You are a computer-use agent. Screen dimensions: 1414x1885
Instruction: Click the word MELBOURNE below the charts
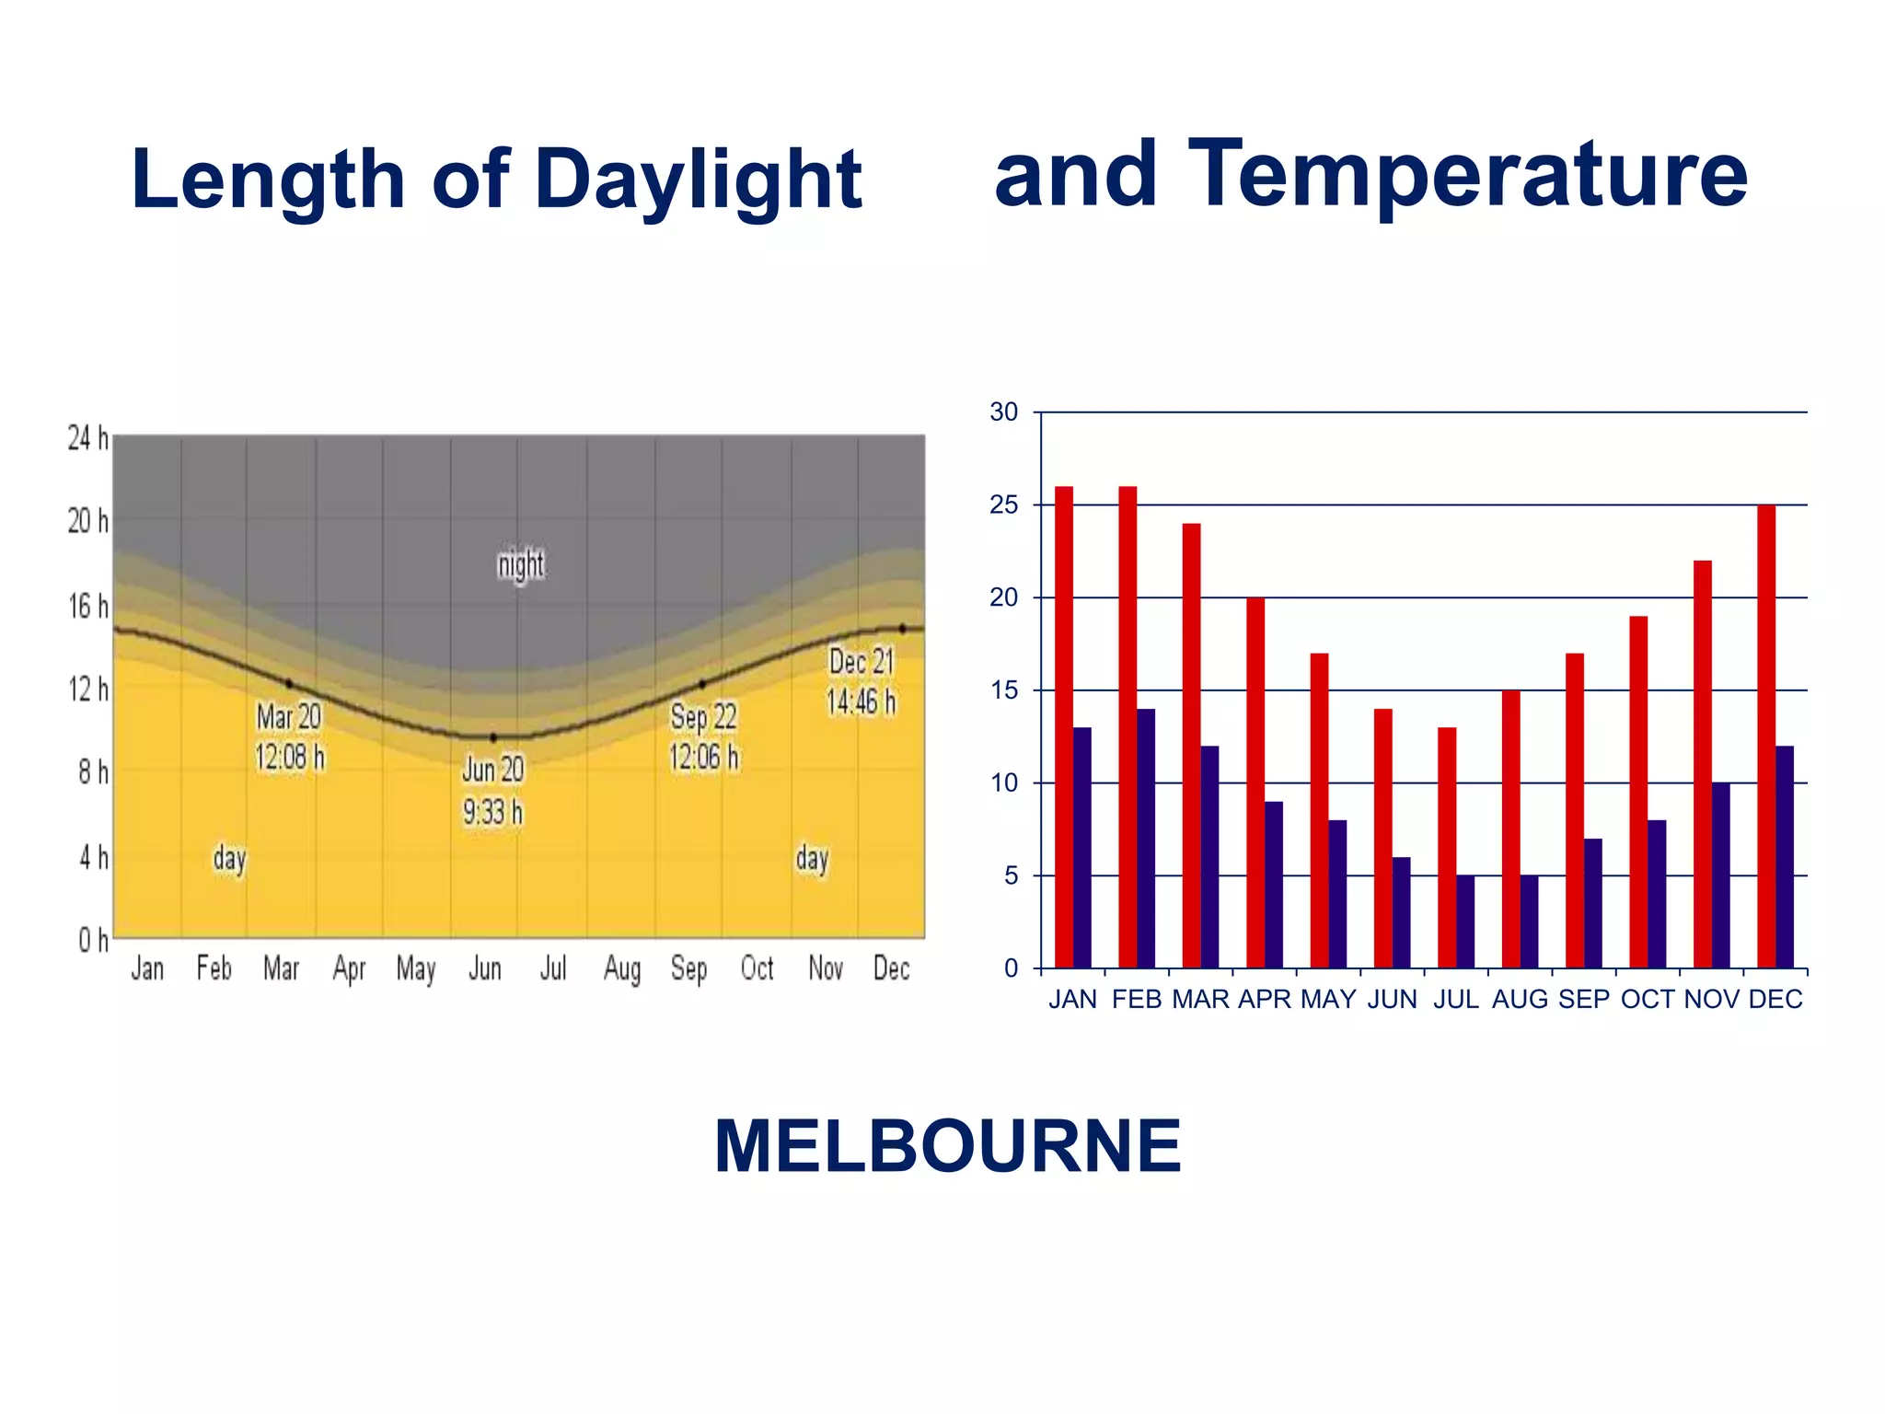tap(947, 1146)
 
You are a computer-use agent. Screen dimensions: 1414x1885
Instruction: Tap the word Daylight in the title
tap(698, 180)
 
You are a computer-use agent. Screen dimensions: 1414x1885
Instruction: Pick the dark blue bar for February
tap(1146, 838)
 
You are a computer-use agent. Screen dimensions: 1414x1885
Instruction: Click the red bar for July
tap(1447, 847)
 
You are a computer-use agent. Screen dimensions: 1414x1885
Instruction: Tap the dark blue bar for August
tap(1529, 921)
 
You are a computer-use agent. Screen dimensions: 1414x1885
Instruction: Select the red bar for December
tap(1766, 736)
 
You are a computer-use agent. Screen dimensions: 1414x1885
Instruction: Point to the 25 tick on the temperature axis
tap(1004, 505)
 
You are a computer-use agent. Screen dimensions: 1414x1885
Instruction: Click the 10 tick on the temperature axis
tap(1004, 783)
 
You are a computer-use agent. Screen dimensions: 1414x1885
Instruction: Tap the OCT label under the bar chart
tap(1648, 1000)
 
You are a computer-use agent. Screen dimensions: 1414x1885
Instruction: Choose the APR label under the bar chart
tap(1265, 1000)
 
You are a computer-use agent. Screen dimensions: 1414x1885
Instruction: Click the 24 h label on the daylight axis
tap(87, 438)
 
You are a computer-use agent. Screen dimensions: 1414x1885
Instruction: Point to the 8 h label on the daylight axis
tap(92, 772)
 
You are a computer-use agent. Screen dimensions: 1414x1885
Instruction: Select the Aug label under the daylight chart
tap(622, 968)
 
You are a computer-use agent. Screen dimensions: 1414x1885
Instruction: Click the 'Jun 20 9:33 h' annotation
tap(493, 791)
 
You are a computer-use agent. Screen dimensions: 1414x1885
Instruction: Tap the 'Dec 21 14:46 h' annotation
tap(861, 682)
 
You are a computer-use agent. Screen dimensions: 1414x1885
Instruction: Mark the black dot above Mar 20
tap(289, 684)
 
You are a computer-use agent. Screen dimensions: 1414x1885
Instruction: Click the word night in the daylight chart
tap(521, 564)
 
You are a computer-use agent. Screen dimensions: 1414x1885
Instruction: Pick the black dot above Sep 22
tap(702, 684)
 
